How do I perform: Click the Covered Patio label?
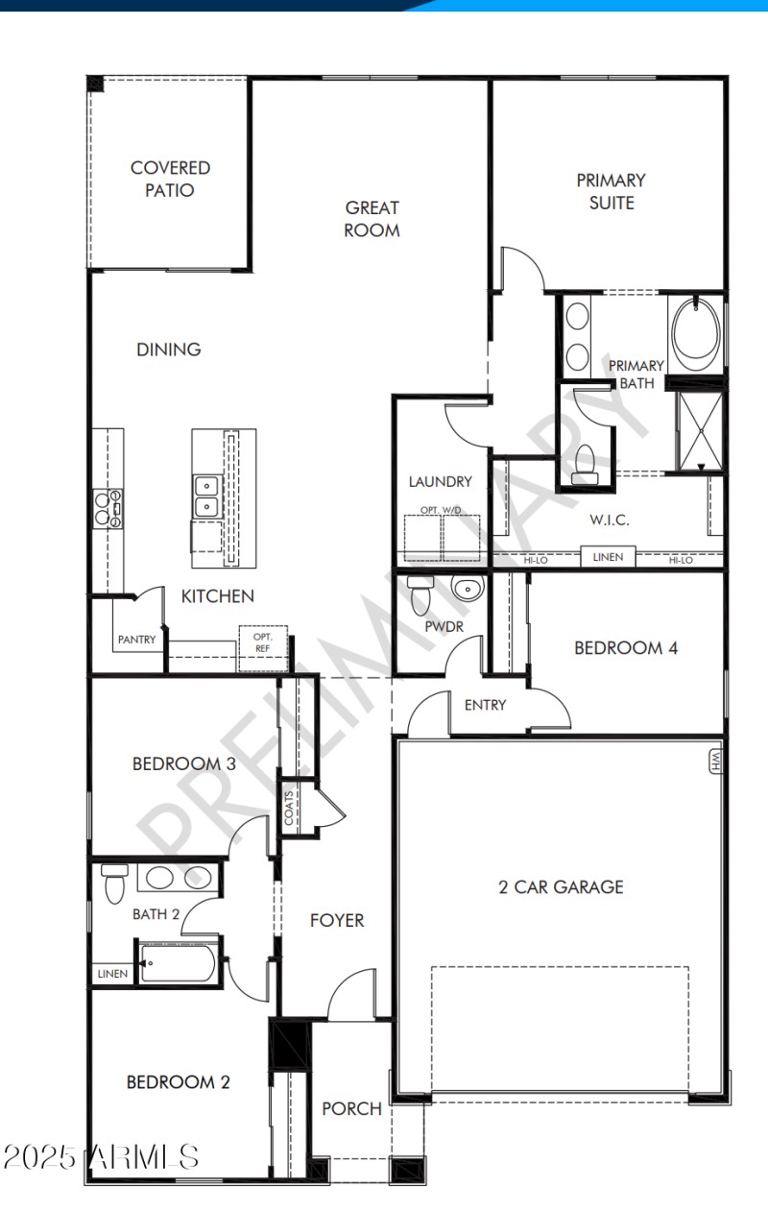coord(170,179)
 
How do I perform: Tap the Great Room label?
coord(372,218)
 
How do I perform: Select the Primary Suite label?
coord(611,190)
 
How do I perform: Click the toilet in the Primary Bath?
coord(584,465)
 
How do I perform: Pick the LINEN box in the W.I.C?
coord(607,557)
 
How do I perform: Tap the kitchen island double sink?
coord(205,496)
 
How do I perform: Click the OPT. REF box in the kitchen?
coord(262,642)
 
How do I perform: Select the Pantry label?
coord(136,640)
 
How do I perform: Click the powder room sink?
coord(468,589)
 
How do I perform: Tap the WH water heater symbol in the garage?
coord(715,762)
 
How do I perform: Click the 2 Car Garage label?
coord(561,886)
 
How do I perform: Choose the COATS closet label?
coord(289,808)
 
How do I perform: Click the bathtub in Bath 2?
coord(178,962)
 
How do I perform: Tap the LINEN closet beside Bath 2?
coord(112,974)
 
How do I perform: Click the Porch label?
coord(351,1108)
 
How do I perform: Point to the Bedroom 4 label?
coord(626,647)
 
